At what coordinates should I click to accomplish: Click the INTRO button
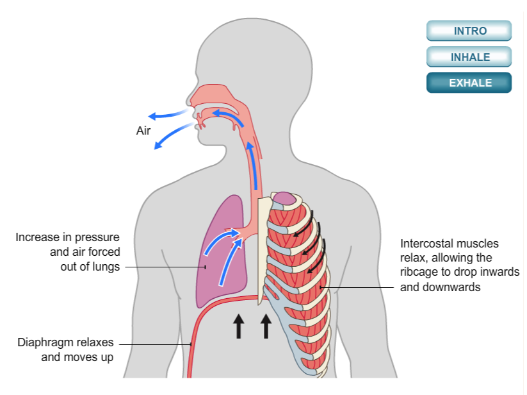469,31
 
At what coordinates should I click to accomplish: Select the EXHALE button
469,83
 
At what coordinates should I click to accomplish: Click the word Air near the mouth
143,131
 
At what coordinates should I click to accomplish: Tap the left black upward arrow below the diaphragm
238,325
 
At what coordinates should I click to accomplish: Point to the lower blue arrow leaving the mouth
172,135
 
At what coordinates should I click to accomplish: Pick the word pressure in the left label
99,237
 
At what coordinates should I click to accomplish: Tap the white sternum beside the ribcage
263,244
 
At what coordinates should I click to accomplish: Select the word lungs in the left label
106,267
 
